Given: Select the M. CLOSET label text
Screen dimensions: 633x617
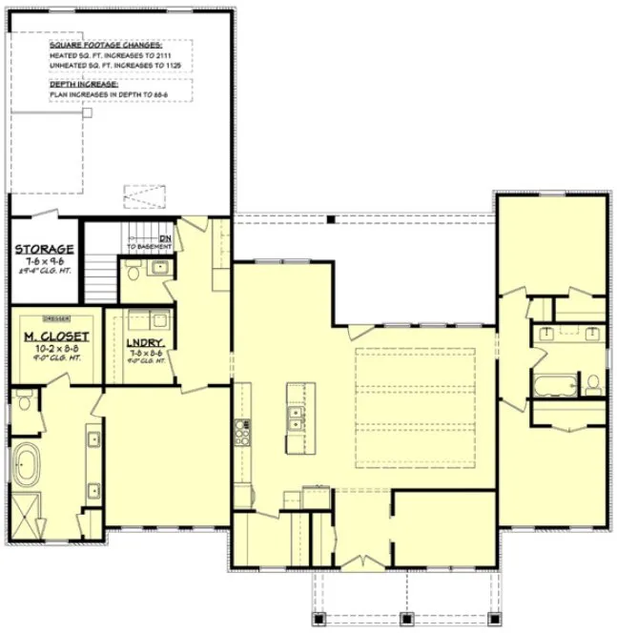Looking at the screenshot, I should click(x=56, y=337).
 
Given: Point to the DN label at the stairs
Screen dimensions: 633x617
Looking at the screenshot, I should click(x=165, y=237).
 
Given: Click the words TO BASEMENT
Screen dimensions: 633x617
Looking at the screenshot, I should click(x=149, y=247).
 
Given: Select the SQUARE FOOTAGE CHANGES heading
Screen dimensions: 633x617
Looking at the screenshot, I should click(x=106, y=45).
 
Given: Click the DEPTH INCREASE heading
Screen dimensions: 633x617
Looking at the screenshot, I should click(x=85, y=84).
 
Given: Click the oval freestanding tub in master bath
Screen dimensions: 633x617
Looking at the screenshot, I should click(x=28, y=468).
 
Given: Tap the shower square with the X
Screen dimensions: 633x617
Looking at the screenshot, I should click(x=27, y=516).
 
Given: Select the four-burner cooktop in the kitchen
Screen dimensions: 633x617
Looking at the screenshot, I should click(x=241, y=434).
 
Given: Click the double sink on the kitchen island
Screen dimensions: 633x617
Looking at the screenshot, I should click(x=296, y=418).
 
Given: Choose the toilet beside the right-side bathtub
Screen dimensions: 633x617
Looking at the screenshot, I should click(x=593, y=384).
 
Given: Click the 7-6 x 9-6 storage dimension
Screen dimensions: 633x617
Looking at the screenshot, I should click(x=38, y=261).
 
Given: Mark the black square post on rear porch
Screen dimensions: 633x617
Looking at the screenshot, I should click(x=330, y=220).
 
